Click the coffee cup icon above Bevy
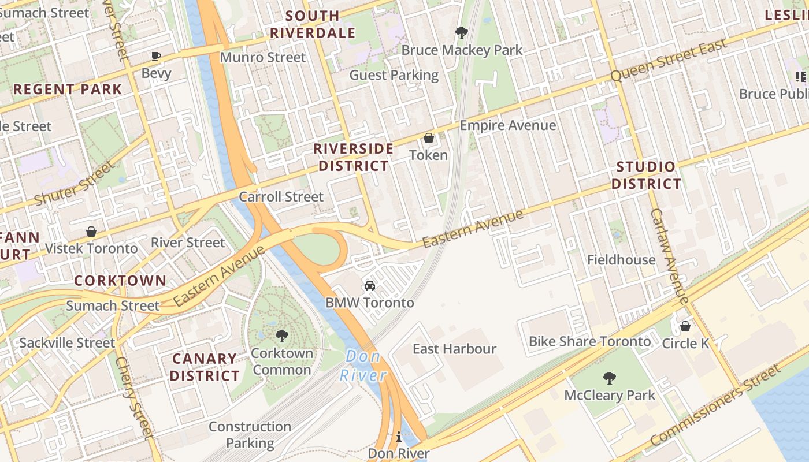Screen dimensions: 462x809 (x=155, y=56)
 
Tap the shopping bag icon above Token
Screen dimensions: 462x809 (x=429, y=138)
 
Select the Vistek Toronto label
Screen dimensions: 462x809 (x=91, y=248)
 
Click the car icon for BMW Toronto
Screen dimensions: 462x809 (x=370, y=286)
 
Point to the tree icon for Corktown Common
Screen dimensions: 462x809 (x=282, y=336)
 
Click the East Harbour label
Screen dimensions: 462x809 (x=454, y=349)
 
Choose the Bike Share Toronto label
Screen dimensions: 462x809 (x=589, y=341)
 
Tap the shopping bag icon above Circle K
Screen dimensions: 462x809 (x=685, y=326)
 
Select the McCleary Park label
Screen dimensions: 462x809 (x=610, y=396)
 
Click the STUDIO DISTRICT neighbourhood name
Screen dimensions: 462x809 (x=646, y=176)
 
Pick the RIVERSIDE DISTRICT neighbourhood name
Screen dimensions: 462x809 (x=354, y=157)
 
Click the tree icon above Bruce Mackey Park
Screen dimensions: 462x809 (x=461, y=32)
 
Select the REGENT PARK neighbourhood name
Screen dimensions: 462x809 (x=68, y=90)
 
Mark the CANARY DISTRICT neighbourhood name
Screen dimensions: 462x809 (x=205, y=367)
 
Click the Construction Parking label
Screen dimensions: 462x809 (x=250, y=435)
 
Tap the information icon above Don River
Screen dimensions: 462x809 (x=398, y=437)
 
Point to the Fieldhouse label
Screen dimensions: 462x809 (x=621, y=260)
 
